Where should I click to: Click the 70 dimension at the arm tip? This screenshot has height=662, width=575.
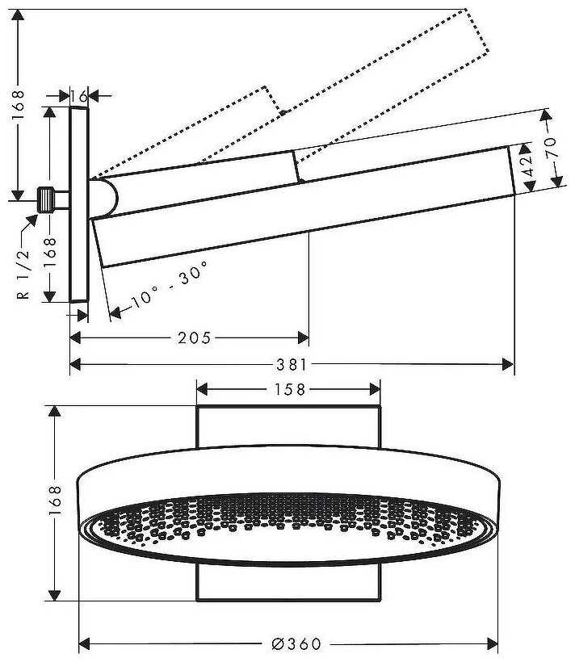[x=552, y=149]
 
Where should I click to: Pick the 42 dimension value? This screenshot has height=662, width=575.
[x=527, y=167]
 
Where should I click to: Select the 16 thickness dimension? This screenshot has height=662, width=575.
[x=78, y=96]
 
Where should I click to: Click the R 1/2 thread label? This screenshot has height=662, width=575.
[x=23, y=275]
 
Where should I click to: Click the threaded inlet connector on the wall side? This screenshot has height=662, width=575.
[x=50, y=198]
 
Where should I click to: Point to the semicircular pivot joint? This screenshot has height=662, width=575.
[x=107, y=198]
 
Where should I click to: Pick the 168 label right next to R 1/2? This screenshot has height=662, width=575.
[x=48, y=253]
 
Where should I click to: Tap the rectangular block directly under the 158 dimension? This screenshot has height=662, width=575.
[x=288, y=425]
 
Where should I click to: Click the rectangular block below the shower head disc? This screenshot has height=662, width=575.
[x=288, y=581]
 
